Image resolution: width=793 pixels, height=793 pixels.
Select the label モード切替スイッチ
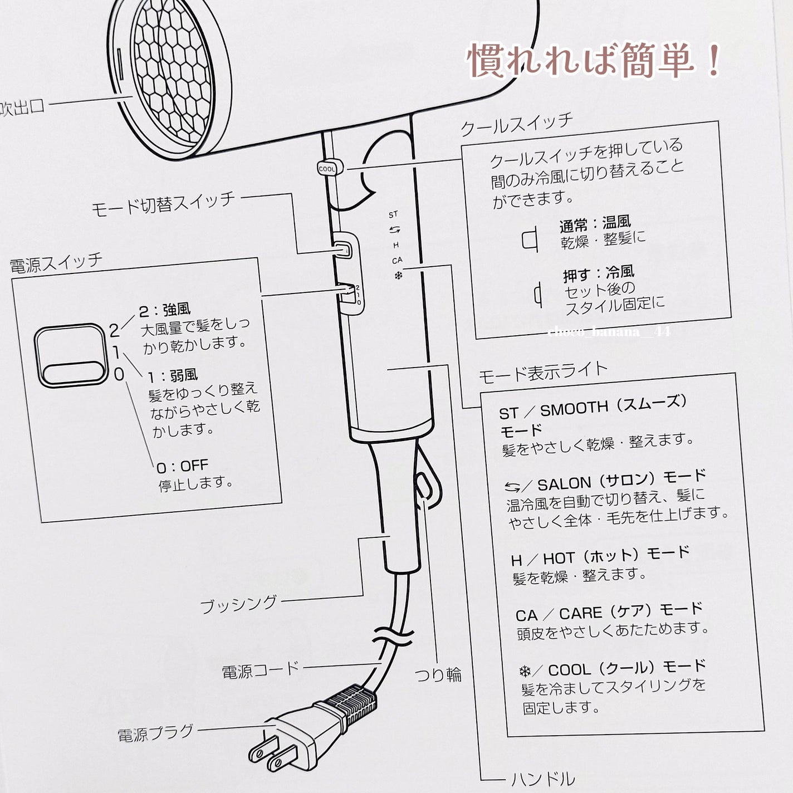tap(163, 204)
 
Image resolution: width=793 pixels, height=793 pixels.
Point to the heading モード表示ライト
tap(543, 372)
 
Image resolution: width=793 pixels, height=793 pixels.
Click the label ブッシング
tap(238, 604)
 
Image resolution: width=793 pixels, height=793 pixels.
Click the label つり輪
tap(438, 675)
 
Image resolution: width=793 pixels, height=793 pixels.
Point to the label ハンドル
tap(543, 779)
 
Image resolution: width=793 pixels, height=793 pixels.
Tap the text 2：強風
tap(165, 310)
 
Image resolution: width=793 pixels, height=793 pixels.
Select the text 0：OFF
tap(182, 466)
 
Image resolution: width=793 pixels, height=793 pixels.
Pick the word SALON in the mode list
tap(565, 484)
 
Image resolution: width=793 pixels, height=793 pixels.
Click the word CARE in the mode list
tap(580, 613)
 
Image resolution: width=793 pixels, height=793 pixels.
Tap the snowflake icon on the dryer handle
tap(398, 275)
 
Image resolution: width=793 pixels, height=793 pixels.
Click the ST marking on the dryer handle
tap(393, 214)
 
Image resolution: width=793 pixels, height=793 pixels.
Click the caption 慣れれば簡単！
tap(594, 60)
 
